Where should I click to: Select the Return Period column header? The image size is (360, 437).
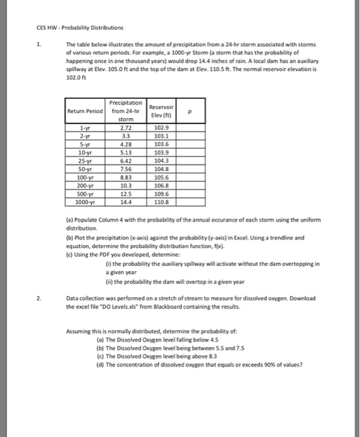point(85,112)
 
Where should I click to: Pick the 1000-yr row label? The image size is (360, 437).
point(85,203)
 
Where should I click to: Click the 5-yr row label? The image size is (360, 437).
point(85,143)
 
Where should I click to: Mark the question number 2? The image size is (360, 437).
point(39,297)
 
